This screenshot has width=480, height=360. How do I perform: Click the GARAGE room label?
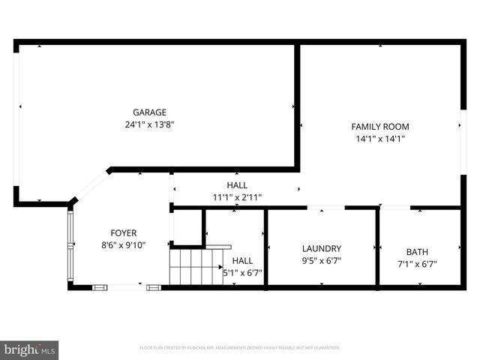(x=149, y=112)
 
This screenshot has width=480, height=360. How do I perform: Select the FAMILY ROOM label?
(x=380, y=126)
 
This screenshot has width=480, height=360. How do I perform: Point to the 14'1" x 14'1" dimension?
(x=380, y=139)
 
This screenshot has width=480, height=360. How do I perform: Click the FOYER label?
(x=124, y=232)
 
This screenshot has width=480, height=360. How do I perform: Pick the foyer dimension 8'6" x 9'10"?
(x=124, y=245)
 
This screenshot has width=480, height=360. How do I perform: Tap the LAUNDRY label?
(x=322, y=248)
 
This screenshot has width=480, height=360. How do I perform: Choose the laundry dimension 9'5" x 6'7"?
(x=322, y=262)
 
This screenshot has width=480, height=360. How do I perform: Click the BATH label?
(x=417, y=251)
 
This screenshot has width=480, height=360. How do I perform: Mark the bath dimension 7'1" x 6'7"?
(x=417, y=264)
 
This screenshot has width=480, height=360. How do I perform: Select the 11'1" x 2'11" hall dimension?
(x=237, y=197)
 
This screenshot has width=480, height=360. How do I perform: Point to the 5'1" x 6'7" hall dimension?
(x=243, y=273)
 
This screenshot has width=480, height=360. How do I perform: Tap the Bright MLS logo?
(x=30, y=349)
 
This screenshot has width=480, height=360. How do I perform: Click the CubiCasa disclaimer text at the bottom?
(x=240, y=348)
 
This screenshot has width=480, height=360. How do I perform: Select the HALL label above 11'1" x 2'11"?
(x=237, y=184)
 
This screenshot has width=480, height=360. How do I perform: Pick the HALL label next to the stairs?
(x=242, y=260)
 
